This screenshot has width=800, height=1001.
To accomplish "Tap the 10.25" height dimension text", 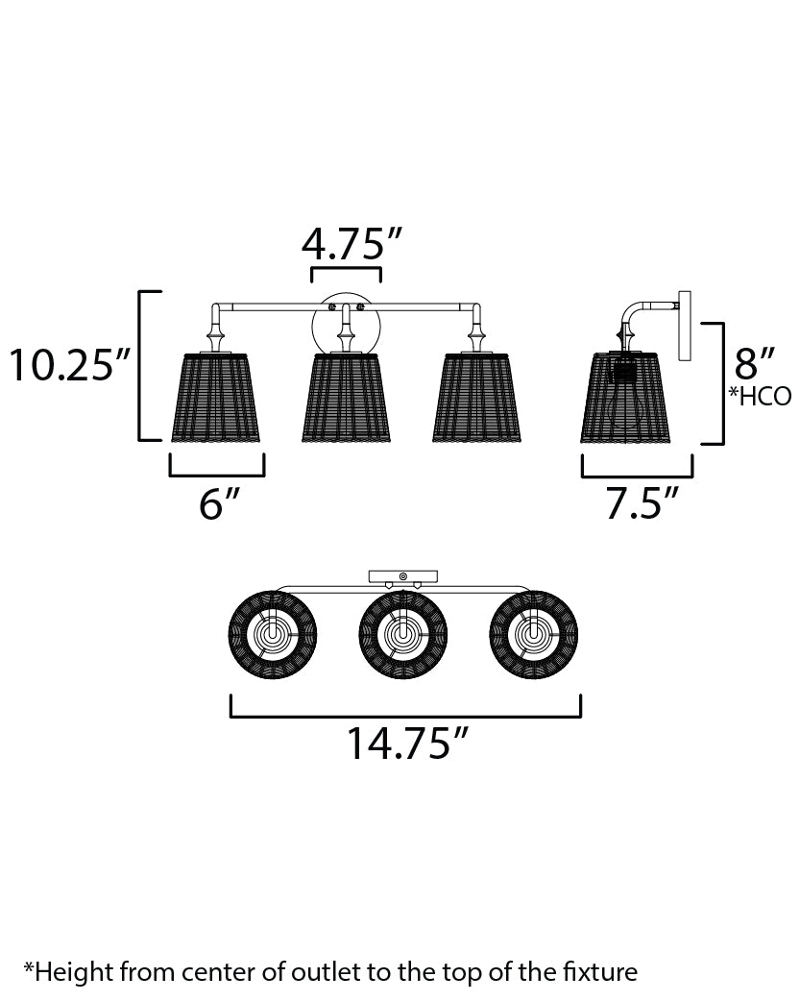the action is [69, 365].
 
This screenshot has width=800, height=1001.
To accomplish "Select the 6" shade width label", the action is [218, 503].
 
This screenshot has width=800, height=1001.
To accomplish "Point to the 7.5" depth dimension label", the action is [641, 503].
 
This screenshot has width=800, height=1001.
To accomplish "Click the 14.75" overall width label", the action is [407, 744].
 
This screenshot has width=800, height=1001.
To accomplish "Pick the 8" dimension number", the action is [754, 363].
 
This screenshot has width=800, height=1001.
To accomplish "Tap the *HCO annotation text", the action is [761, 397].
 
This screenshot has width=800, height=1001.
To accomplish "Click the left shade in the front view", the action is [216, 397].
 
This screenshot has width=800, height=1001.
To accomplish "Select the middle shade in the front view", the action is [346, 397].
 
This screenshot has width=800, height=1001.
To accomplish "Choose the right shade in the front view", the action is [476, 397].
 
